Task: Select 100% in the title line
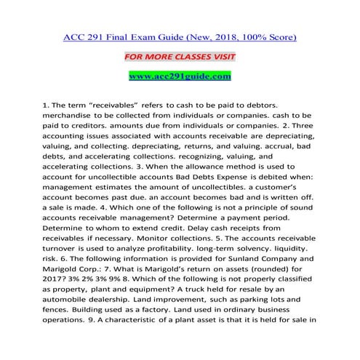pos(255,35)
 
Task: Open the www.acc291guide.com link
pos(180,75)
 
